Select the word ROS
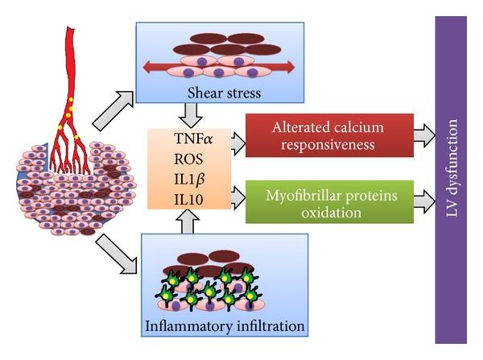190,159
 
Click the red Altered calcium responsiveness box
326,134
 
